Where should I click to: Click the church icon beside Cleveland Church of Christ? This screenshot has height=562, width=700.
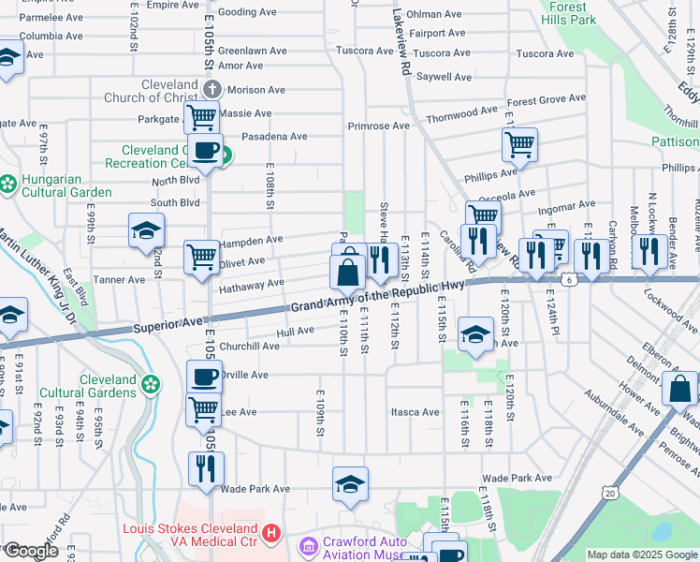point(211,90)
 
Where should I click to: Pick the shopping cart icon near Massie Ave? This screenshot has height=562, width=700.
point(201,118)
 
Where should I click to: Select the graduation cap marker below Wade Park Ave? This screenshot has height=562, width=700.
point(350,483)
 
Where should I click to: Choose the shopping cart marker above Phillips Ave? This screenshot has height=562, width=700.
point(519,144)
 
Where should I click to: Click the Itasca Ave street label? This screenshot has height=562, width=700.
point(416,412)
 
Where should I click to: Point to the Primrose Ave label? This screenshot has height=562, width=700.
point(378,126)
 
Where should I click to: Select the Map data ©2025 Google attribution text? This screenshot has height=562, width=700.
point(641,555)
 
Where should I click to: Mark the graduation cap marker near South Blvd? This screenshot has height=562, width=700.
point(147,229)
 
